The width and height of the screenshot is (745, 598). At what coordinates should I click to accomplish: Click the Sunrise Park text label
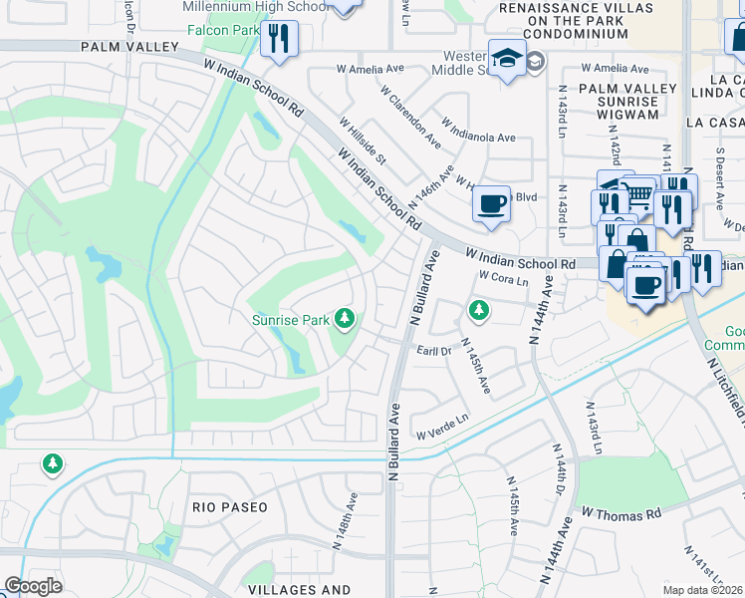click(291, 321)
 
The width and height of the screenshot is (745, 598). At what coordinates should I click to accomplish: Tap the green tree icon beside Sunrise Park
click(345, 319)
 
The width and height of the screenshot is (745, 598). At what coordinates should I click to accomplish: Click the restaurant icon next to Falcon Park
click(278, 39)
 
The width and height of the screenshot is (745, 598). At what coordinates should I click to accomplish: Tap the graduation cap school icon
click(507, 59)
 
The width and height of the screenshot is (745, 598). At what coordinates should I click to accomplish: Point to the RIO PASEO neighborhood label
click(230, 507)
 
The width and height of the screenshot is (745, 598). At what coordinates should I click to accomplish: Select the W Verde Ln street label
click(442, 427)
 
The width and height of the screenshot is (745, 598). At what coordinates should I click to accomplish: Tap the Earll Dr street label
click(433, 351)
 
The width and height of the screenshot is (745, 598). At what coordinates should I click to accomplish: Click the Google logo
click(33, 586)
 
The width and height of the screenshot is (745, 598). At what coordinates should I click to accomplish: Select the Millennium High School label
click(256, 7)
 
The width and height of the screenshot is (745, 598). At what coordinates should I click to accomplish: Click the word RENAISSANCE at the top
click(536, 6)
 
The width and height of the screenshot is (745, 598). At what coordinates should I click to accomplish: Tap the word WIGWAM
click(627, 115)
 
